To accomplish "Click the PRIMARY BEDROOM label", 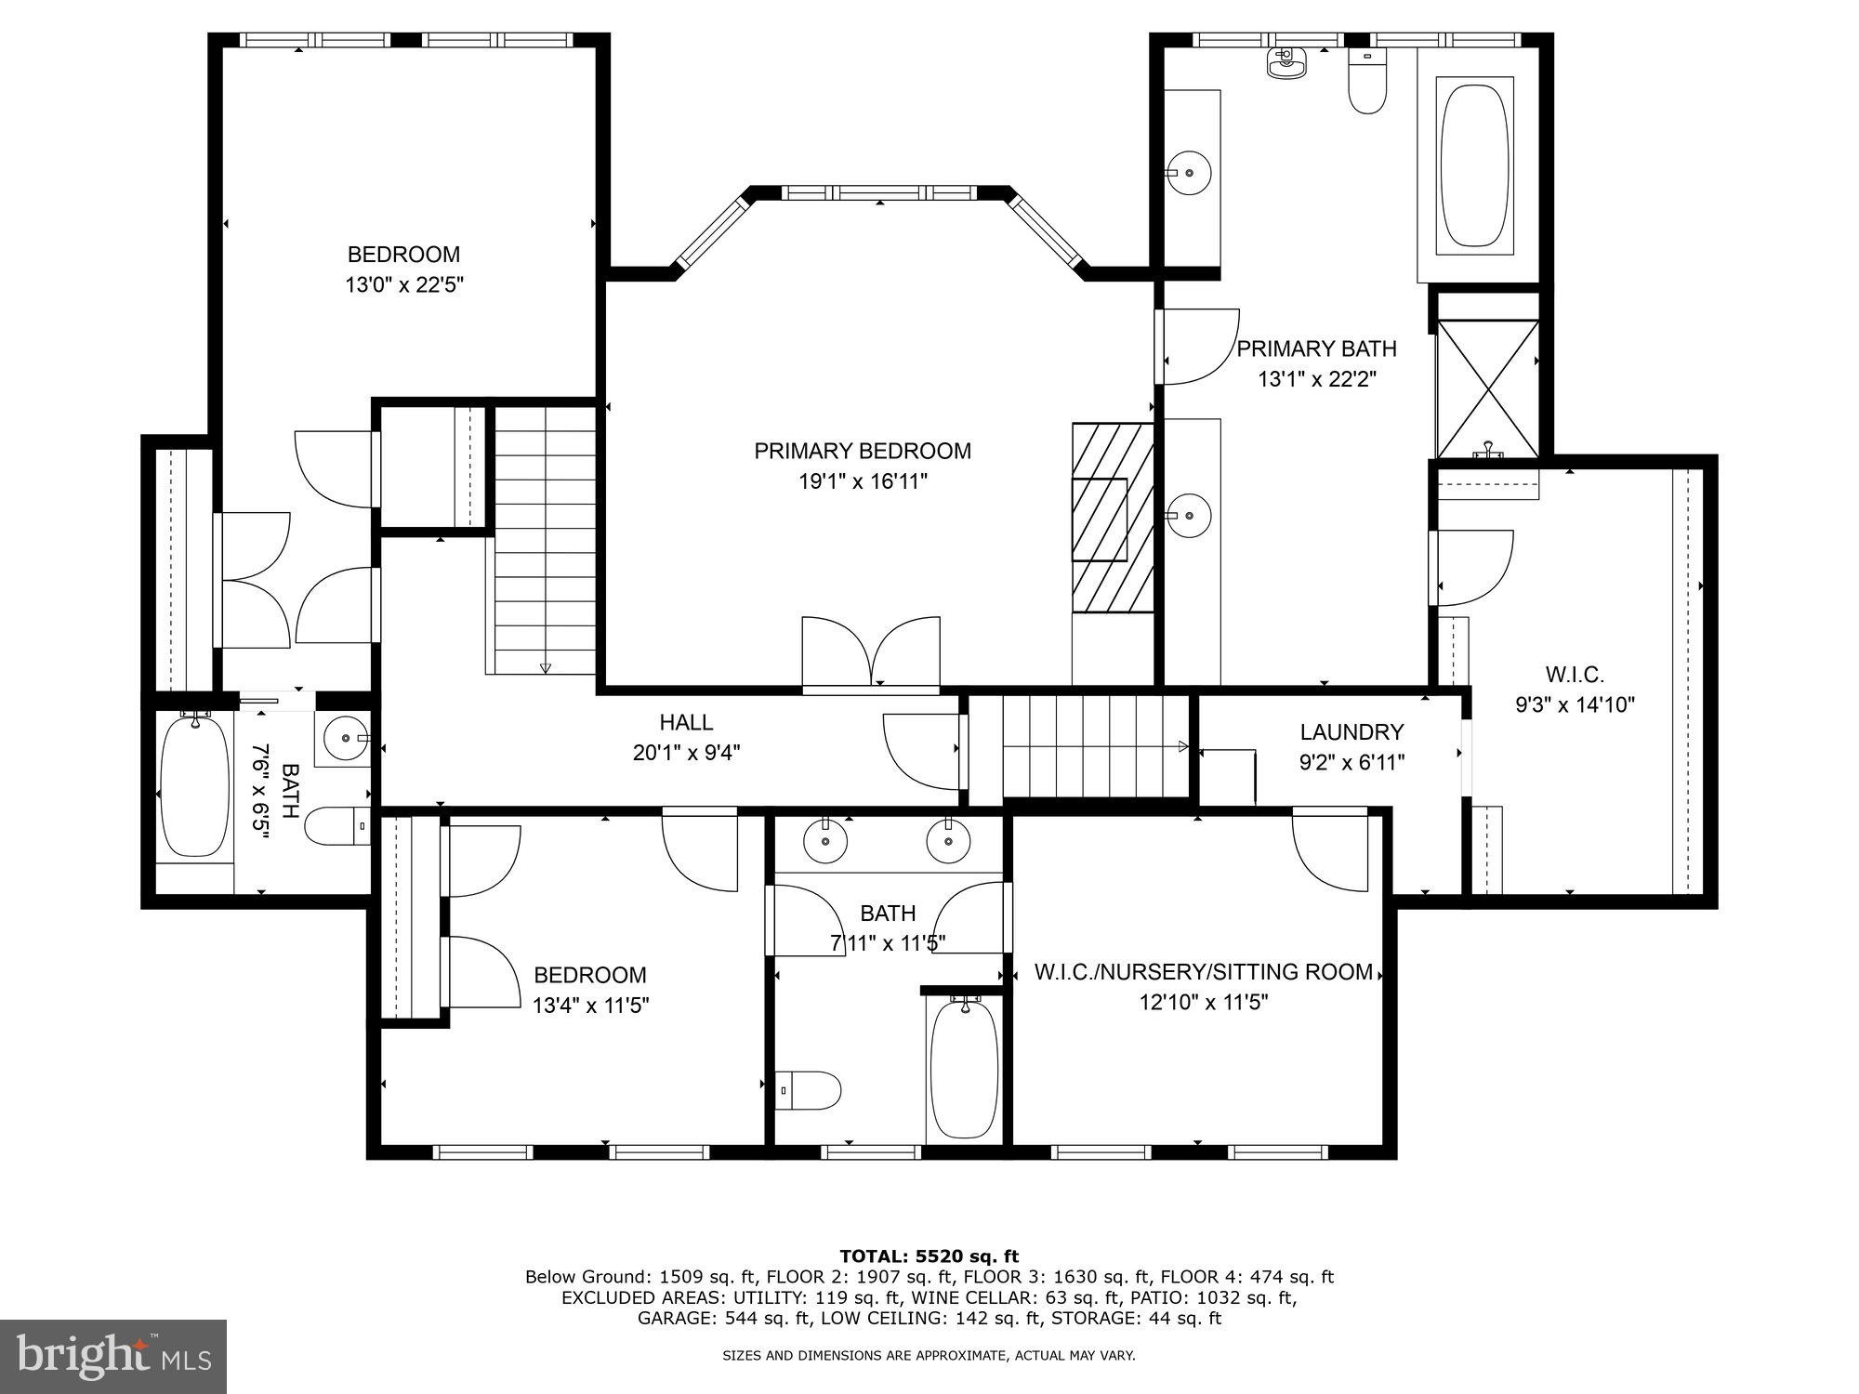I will [862, 451].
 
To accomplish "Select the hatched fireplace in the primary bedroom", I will [1113, 518].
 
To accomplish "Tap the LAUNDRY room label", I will [1351, 732].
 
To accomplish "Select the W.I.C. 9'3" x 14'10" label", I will [1574, 690].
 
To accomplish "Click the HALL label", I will [686, 722].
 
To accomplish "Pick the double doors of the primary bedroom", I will [871, 653].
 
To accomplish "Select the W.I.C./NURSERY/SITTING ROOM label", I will [1203, 972].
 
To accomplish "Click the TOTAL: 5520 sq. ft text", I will [929, 1256].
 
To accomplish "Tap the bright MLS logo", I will [113, 1356].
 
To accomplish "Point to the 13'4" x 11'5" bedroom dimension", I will [590, 1005].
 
